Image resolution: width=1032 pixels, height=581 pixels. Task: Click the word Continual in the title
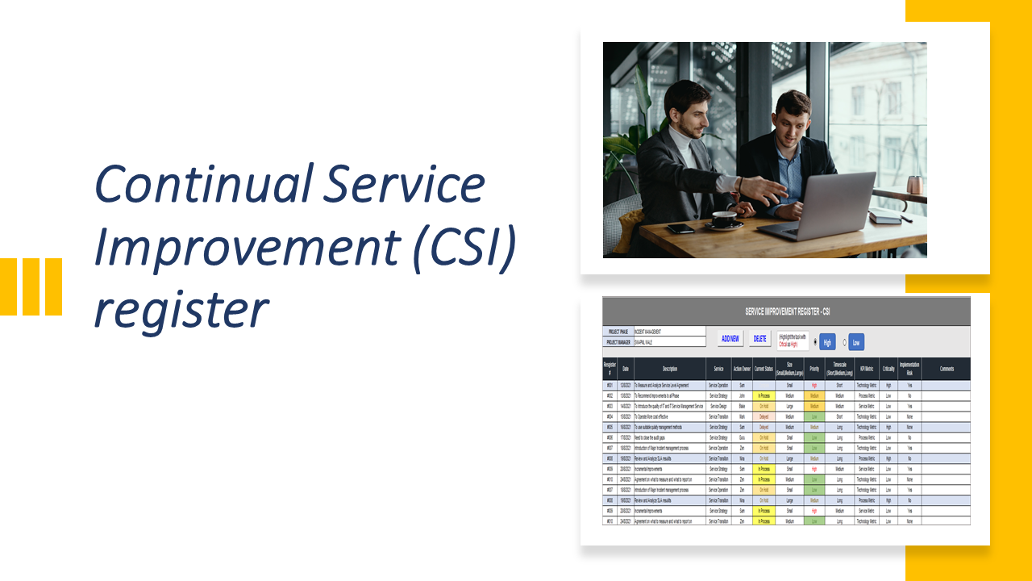[205, 183]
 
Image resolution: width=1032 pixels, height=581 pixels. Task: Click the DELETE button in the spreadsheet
[759, 339]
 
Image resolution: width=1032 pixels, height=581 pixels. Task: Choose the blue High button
[826, 342]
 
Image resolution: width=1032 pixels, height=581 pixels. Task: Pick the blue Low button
[855, 342]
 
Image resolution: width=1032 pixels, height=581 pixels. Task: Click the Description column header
[669, 369]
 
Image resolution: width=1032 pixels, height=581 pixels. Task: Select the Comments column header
[946, 369]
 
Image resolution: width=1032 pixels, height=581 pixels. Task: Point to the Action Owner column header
[742, 369]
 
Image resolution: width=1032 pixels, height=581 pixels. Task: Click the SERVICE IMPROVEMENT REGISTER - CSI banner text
[786, 311]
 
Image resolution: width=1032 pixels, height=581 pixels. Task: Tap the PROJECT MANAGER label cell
[618, 342]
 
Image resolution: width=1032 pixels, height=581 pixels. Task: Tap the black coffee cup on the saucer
[724, 219]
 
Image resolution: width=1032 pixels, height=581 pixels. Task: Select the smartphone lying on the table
[680, 229]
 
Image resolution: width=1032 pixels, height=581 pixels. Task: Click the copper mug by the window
[914, 185]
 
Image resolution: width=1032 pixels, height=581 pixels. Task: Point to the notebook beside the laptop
[884, 216]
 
